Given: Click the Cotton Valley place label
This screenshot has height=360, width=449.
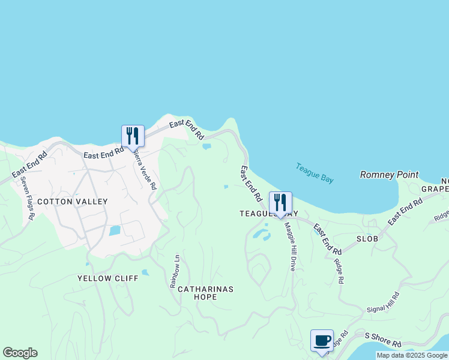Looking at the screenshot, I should [72, 202].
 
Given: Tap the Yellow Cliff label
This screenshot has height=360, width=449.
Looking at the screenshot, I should [107, 278].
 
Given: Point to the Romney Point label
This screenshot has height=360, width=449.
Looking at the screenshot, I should [388, 175].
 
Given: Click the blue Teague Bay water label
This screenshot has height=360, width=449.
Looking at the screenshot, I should [315, 173].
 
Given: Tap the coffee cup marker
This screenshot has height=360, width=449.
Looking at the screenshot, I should [322, 340].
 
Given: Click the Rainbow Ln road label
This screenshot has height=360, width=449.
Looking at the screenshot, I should [175, 271].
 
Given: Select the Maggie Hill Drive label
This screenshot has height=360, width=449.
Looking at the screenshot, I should [290, 246].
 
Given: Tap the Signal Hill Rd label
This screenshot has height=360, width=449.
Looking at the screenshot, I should [384, 302].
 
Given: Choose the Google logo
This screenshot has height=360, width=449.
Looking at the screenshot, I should [20, 353].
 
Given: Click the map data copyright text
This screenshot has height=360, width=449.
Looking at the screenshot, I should [412, 355].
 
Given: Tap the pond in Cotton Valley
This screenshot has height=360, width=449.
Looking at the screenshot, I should [115, 230].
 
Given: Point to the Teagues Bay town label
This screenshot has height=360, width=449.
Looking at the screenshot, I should [268, 213].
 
